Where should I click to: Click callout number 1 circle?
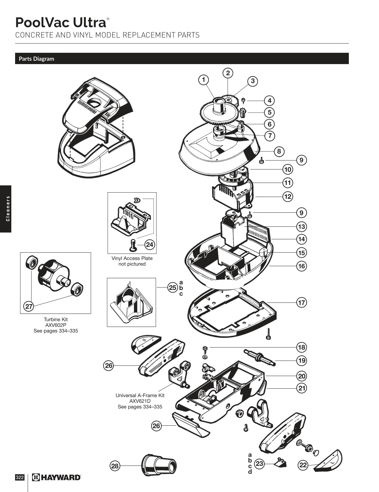click(204, 80)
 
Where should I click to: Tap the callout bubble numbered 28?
click(115, 466)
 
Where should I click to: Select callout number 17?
click(301, 303)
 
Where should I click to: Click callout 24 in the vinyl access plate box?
click(150, 245)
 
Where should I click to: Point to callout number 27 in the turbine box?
click(29, 306)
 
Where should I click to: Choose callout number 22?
click(303, 465)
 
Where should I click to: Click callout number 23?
click(259, 463)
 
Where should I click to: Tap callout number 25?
click(173, 287)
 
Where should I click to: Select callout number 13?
click(301, 227)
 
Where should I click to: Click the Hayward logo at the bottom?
click(57, 478)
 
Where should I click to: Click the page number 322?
click(20, 478)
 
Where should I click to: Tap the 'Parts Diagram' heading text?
click(36, 59)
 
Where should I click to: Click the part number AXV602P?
click(56, 325)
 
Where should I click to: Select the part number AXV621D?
click(140, 401)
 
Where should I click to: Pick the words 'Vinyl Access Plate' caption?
click(132, 258)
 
